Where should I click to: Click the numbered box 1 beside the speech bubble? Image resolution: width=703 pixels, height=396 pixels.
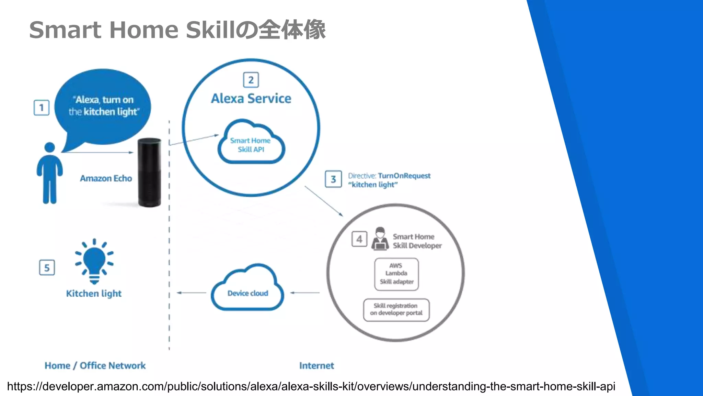(x=42, y=108)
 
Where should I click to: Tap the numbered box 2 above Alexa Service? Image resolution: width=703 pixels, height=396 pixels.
(x=251, y=80)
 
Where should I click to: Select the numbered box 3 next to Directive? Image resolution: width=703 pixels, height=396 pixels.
(x=333, y=179)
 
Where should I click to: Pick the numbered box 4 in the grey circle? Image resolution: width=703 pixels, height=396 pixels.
(x=359, y=239)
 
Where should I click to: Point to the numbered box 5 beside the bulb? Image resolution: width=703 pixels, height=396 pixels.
(x=47, y=268)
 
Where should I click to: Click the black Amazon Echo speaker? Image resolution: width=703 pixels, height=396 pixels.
(x=149, y=173)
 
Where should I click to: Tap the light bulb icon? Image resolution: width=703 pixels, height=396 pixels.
(x=94, y=261)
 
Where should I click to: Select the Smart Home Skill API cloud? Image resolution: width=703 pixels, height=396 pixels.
(x=251, y=144)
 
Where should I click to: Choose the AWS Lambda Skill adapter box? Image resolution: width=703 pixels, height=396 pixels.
(x=396, y=274)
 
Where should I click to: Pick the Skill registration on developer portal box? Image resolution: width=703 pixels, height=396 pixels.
(x=396, y=309)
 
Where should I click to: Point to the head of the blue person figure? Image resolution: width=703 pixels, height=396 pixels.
(x=50, y=147)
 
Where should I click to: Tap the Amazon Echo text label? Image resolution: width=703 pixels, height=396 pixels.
(x=106, y=178)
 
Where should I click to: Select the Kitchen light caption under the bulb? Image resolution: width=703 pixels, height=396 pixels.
(x=94, y=294)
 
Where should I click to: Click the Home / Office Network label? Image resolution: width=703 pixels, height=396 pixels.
(x=95, y=365)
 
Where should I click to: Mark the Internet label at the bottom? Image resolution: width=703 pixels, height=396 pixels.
(x=316, y=365)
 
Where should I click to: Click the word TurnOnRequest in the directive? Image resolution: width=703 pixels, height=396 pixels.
(x=404, y=176)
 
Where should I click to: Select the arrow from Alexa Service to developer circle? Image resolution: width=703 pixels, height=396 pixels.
(x=324, y=201)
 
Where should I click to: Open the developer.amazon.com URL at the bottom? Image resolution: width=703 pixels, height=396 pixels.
(x=311, y=386)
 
